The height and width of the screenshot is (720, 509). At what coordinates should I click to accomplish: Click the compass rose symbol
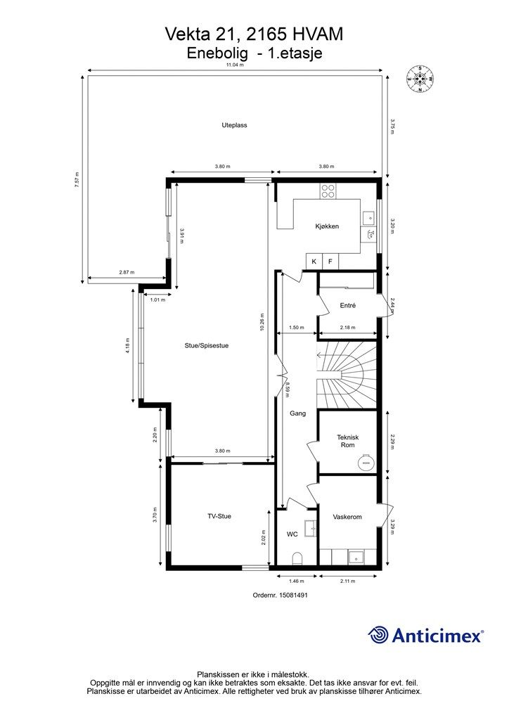click(420, 79)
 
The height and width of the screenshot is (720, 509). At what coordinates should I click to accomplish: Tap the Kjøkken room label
click(327, 226)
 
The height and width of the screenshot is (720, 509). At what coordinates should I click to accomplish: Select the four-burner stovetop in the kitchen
click(328, 191)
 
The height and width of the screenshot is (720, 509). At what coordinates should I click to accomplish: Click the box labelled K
click(314, 262)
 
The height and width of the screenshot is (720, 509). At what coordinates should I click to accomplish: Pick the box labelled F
click(330, 262)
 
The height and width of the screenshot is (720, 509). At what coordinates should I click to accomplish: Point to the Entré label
click(347, 305)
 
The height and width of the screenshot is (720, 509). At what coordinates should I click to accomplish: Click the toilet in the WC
click(297, 558)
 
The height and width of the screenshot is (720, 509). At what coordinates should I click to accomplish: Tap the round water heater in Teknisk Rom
click(367, 461)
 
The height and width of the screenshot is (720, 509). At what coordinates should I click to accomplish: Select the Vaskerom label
click(347, 517)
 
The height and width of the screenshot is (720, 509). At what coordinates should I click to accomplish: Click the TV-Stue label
click(219, 516)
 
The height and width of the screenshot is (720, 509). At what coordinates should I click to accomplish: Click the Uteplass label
click(234, 125)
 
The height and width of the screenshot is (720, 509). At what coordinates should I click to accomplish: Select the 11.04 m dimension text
click(235, 65)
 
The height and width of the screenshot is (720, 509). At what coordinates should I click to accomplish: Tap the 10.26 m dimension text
click(262, 322)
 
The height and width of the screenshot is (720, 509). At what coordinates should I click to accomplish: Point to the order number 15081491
click(294, 595)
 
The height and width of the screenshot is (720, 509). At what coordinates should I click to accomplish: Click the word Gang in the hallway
click(297, 413)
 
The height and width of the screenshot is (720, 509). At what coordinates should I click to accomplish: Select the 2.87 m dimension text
click(127, 272)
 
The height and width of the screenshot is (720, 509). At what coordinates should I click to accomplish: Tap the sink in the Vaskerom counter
click(356, 558)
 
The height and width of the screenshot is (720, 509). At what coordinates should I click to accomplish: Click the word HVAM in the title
click(316, 34)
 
